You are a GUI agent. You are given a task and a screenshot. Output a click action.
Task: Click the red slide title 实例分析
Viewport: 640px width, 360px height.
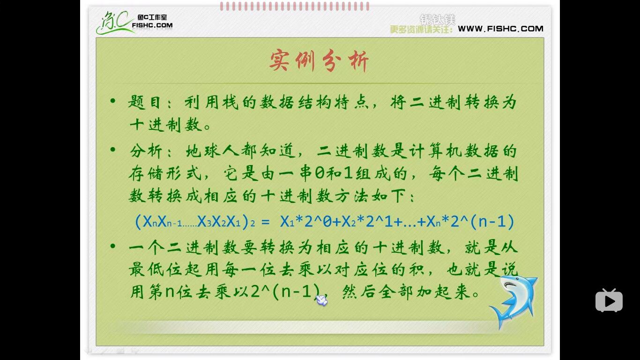pos(319,61)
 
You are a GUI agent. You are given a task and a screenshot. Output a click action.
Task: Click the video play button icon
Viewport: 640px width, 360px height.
pos(609,300)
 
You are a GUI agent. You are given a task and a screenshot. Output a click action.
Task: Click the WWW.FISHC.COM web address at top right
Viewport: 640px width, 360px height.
pos(500,29)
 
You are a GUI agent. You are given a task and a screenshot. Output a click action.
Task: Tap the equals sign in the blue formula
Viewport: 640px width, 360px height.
pos(266,221)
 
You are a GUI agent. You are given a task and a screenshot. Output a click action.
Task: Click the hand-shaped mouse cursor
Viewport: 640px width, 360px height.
pos(321,300)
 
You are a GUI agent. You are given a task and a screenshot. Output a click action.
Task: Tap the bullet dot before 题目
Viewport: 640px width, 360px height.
pos(112,101)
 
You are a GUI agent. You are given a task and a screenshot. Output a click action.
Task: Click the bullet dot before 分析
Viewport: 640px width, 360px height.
pos(112,150)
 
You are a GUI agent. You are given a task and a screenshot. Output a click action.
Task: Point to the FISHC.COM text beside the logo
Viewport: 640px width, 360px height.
pos(152,25)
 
